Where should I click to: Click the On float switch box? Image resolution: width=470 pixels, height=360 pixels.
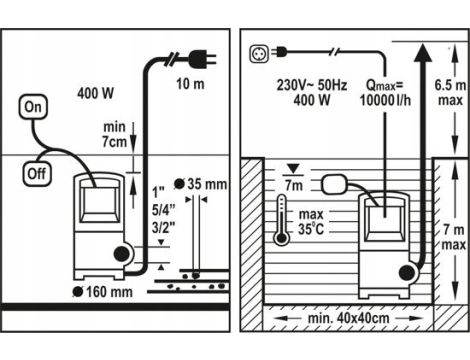[33, 107]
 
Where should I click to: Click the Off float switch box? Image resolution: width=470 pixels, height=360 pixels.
[37, 174]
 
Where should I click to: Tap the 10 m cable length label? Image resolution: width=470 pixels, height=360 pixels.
[190, 84]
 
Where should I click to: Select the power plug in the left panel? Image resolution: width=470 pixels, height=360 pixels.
[202, 59]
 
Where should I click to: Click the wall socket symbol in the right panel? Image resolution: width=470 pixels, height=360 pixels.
[259, 54]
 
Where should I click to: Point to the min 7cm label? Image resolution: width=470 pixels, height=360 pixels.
[115, 134]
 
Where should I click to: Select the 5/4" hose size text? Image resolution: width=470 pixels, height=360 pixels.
[163, 210]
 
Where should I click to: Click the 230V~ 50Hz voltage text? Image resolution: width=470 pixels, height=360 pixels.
[312, 85]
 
